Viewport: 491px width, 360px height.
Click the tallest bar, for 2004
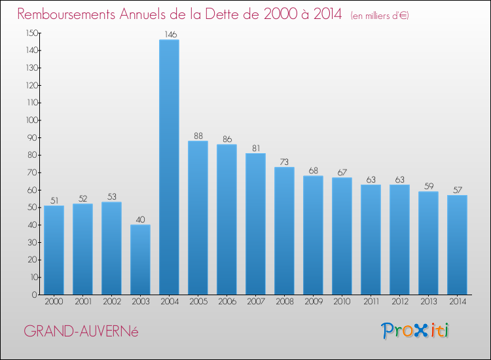(x=169, y=167)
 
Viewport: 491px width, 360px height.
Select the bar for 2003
(x=140, y=259)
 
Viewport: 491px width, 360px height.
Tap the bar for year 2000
(x=54, y=250)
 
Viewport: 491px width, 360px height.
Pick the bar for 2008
(x=284, y=230)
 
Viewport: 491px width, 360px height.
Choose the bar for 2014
(x=457, y=245)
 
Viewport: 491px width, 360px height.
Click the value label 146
(x=169, y=34)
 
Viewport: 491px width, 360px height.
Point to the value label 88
(x=198, y=135)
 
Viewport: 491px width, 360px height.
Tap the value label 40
(x=140, y=219)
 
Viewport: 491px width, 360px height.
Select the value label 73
(x=284, y=162)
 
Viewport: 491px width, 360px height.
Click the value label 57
(x=457, y=190)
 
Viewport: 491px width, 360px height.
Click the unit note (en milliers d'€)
(x=379, y=16)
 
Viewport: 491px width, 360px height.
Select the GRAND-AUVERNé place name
(x=81, y=331)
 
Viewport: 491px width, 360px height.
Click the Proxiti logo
(x=415, y=331)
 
